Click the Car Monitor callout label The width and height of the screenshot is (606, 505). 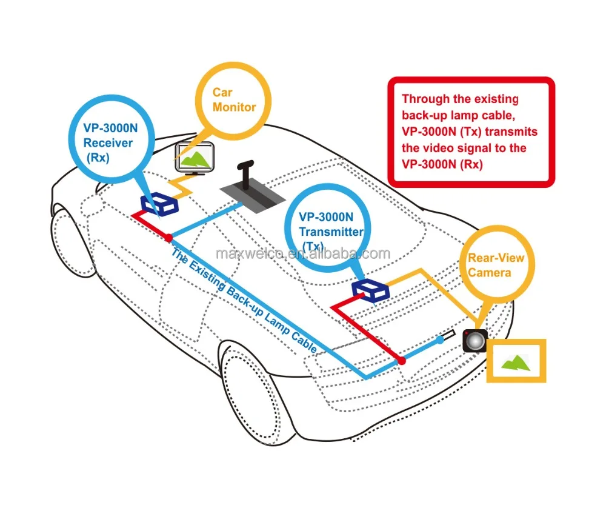[233, 100]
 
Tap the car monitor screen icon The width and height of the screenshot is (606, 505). [195, 156]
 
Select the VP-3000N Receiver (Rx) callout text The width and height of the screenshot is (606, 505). [108, 143]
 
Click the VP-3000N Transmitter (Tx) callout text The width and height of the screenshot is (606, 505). [330, 231]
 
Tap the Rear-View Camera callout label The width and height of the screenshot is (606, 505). [496, 265]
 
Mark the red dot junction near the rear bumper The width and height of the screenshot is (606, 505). [401, 361]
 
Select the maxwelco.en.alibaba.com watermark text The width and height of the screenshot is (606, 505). [303, 253]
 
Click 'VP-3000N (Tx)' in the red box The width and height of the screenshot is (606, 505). [438, 132]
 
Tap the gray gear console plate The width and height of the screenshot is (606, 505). [253, 195]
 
